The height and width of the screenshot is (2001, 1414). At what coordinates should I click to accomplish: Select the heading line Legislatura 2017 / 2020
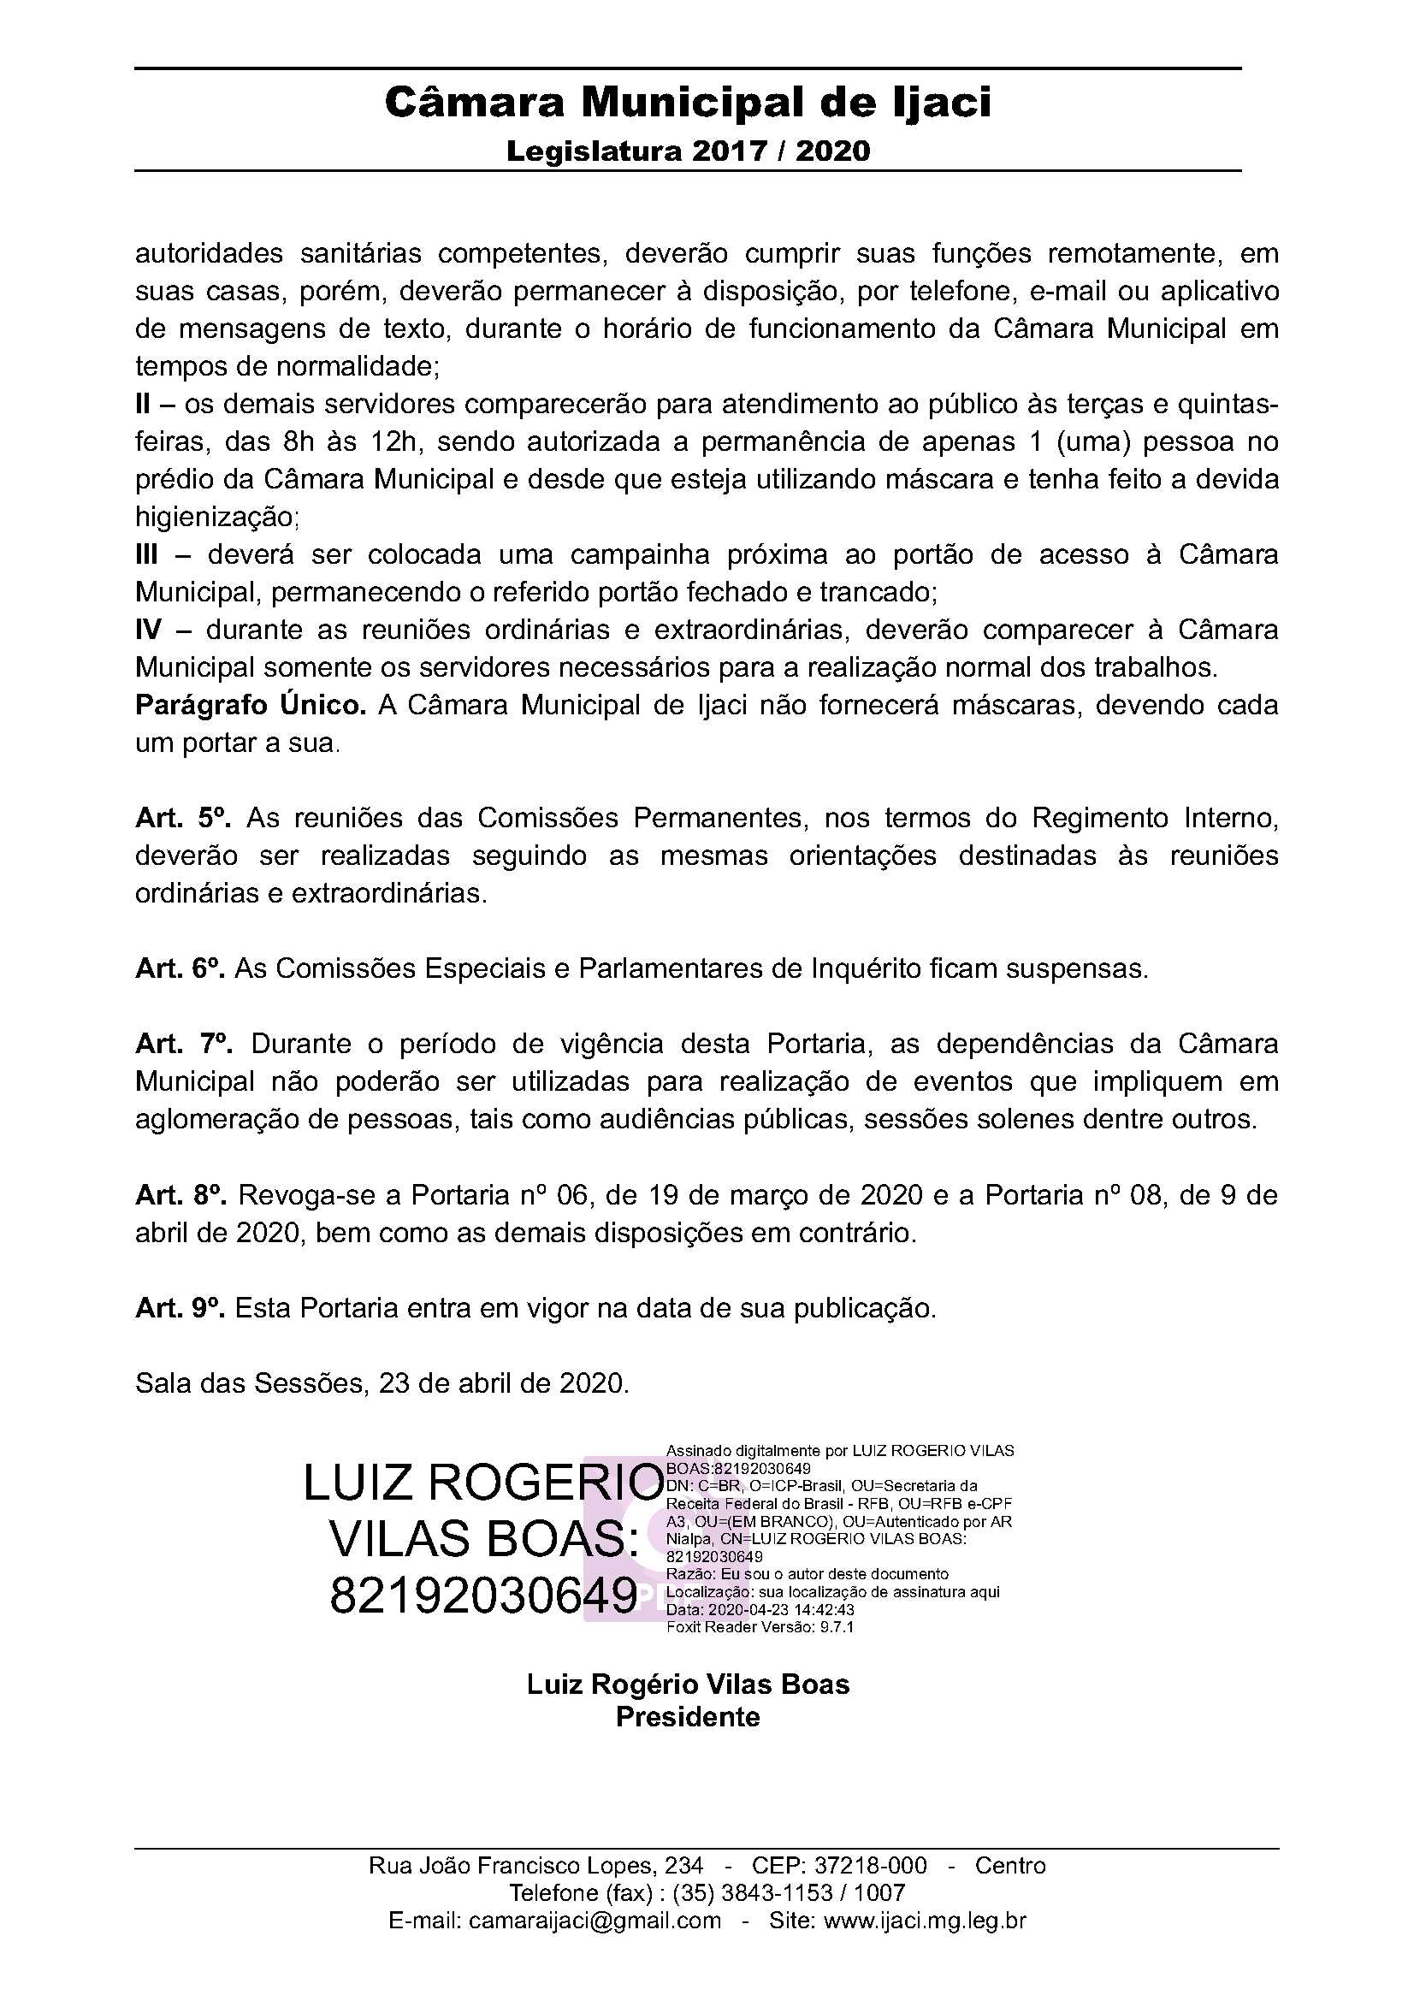pyautogui.click(x=689, y=151)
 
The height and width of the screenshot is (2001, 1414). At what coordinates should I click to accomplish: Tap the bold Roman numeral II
pyautogui.click(x=143, y=405)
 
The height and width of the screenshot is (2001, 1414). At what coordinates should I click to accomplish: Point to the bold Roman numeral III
pyautogui.click(x=146, y=555)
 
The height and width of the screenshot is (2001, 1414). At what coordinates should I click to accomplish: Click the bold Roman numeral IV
pyautogui.click(x=148, y=630)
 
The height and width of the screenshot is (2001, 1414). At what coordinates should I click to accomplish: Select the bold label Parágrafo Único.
pyautogui.click(x=251, y=705)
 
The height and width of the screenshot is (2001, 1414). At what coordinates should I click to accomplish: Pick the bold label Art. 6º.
pyautogui.click(x=180, y=968)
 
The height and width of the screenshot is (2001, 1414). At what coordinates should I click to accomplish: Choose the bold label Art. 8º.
pyautogui.click(x=181, y=1195)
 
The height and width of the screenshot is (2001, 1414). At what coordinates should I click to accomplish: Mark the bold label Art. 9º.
pyautogui.click(x=180, y=1308)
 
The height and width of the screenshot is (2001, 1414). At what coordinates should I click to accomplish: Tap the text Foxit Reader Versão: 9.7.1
pyautogui.click(x=760, y=1627)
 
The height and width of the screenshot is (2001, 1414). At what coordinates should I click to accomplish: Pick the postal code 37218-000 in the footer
pyautogui.click(x=870, y=1865)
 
